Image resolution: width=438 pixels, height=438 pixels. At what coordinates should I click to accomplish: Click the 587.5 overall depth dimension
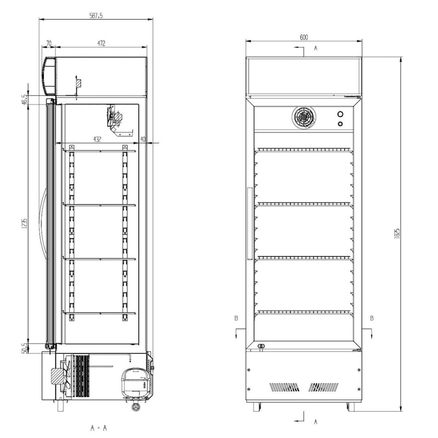pos(96,16)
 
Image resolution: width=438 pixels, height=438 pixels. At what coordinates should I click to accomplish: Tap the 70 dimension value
pos(49,44)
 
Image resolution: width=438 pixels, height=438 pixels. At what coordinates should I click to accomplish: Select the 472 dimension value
pos(101,44)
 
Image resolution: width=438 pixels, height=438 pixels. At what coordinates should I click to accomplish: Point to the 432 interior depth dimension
pos(97,139)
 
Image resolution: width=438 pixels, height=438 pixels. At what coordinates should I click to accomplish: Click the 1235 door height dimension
pos(24,223)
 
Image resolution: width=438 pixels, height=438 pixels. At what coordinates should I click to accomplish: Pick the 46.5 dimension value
pos(24,100)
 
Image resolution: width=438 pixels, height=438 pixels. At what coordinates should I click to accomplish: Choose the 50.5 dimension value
pos(24,348)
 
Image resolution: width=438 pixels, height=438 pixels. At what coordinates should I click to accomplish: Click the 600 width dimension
pos(304,37)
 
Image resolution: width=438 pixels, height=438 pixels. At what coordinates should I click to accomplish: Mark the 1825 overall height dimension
pos(397,234)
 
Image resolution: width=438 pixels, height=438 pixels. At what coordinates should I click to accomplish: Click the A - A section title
pos(99,428)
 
